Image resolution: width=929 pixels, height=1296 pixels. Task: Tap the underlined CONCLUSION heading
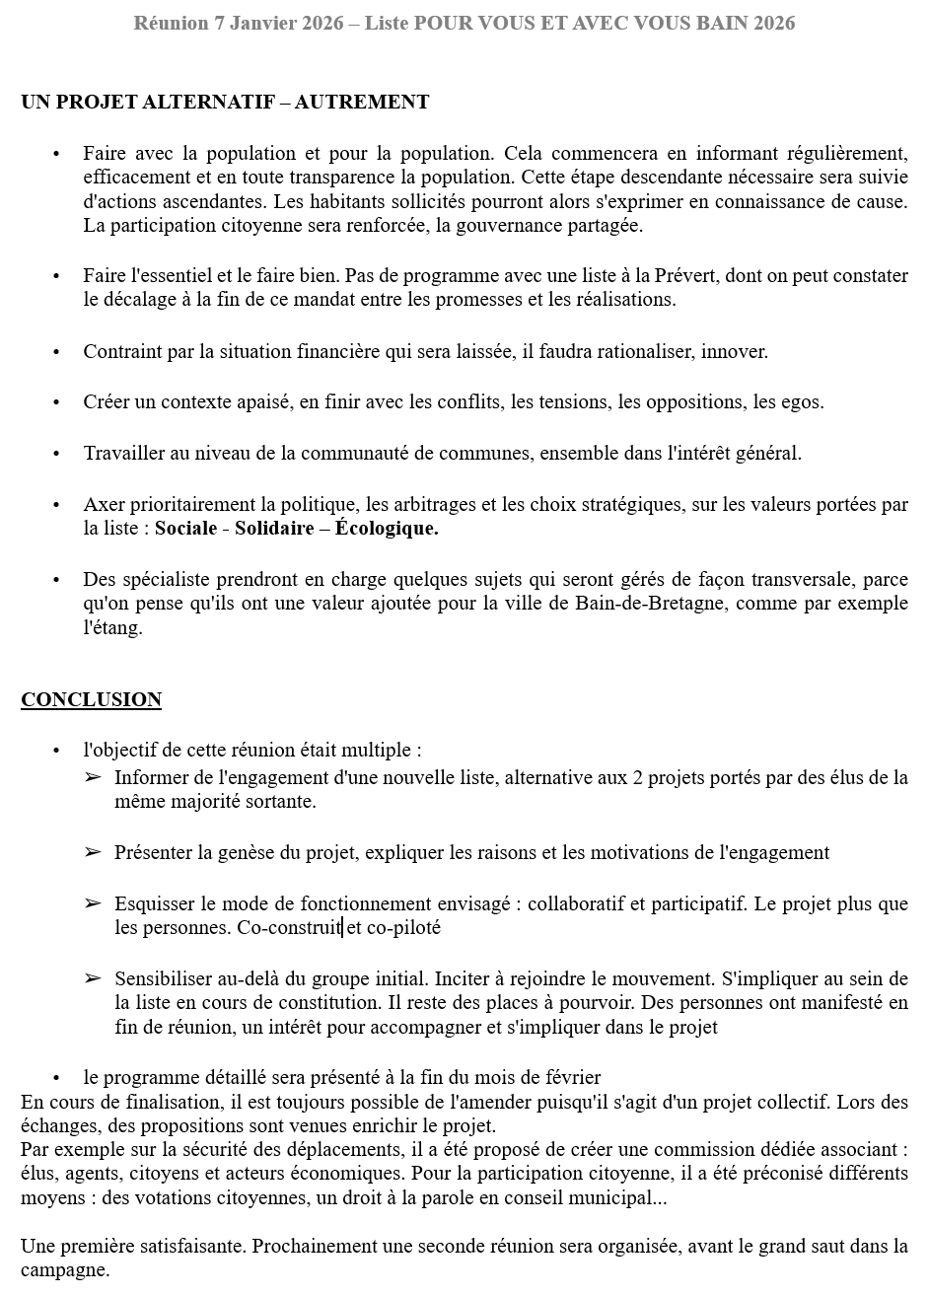[x=91, y=699]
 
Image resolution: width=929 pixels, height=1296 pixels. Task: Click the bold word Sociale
[x=185, y=529]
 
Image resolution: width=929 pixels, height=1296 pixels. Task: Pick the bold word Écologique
[x=387, y=529]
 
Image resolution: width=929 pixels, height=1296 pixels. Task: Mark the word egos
[x=802, y=402]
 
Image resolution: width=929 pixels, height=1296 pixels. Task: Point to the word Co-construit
[x=289, y=927]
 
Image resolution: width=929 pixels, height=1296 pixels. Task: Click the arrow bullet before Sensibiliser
[x=93, y=978]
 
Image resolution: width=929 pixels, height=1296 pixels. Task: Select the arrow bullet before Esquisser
[x=93, y=902]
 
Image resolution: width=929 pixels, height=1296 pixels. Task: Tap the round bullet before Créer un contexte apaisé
[x=56, y=402]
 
